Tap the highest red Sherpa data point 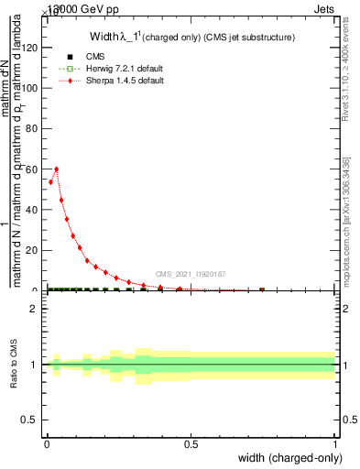57,169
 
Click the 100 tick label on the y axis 33,88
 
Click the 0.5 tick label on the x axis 191,445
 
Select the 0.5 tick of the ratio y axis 33,420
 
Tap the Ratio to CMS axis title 14,365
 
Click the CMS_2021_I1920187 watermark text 190,274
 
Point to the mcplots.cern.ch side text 346,220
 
